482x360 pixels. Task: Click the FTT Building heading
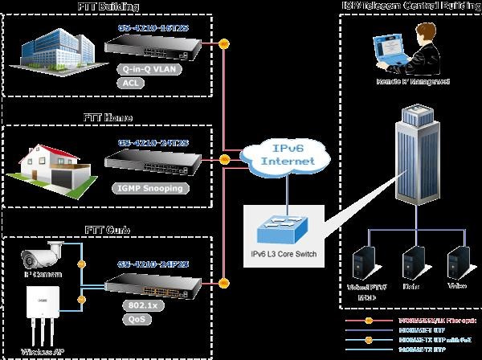108,7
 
